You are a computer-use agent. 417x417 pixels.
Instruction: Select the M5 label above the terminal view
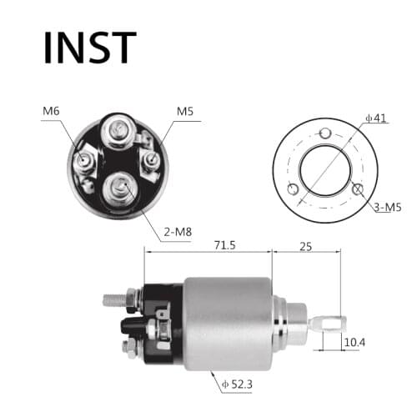(185, 110)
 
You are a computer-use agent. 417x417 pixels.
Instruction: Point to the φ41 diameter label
(375, 118)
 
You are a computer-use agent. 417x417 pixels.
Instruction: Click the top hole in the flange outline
(326, 134)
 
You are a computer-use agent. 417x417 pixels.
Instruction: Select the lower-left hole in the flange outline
(292, 189)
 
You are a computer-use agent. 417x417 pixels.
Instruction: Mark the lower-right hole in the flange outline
(357, 189)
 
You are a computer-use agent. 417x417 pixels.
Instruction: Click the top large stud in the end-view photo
(117, 131)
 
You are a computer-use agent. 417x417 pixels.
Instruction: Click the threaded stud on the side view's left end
(113, 296)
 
